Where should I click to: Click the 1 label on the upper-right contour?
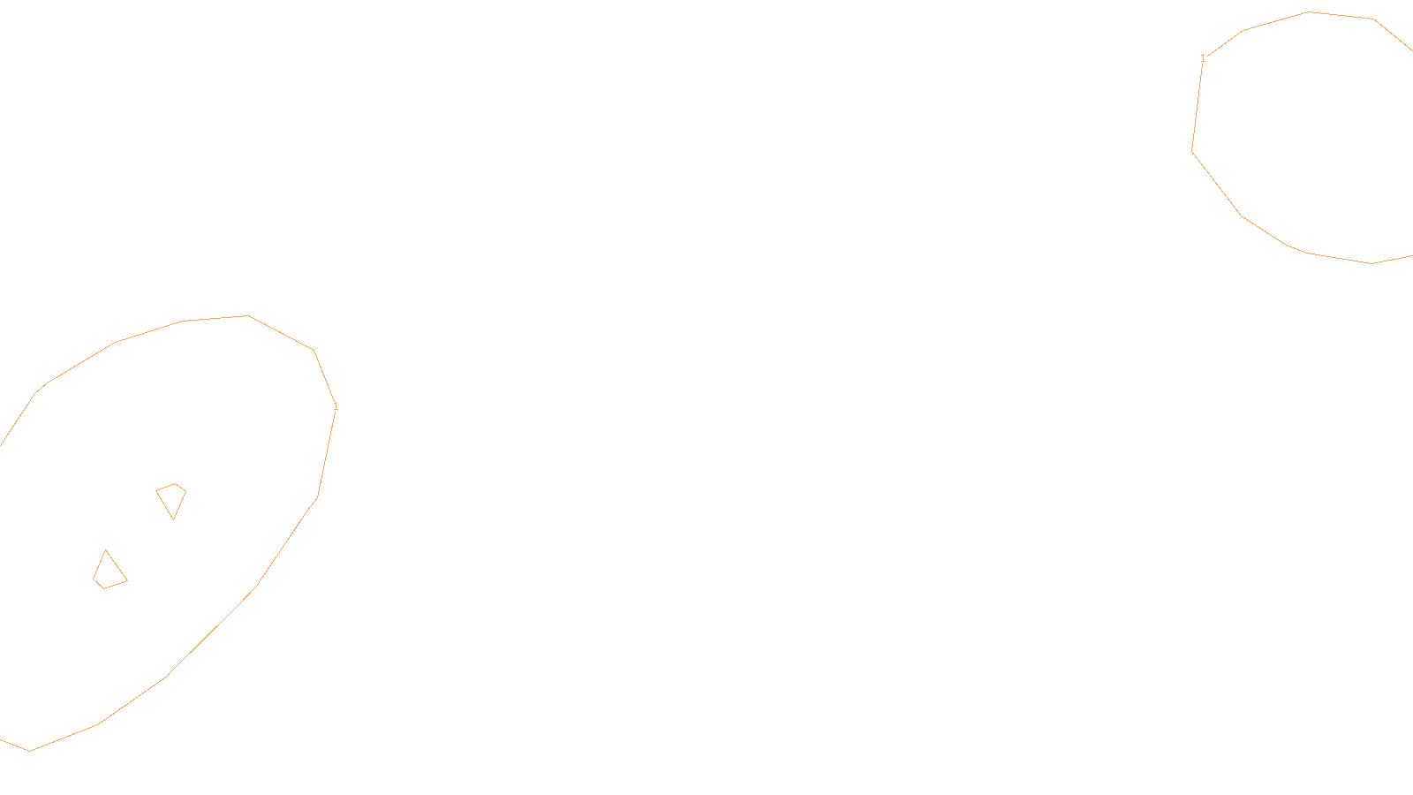point(1203,58)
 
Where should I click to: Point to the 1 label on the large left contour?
point(336,406)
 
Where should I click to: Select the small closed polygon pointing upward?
point(109,572)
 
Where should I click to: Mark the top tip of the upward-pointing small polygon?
point(106,550)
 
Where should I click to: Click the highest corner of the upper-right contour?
point(1309,11)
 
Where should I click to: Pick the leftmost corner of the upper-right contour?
point(1192,151)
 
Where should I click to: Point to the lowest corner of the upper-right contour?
point(1371,263)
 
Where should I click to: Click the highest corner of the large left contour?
point(248,315)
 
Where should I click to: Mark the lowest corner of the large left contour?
point(30,751)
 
